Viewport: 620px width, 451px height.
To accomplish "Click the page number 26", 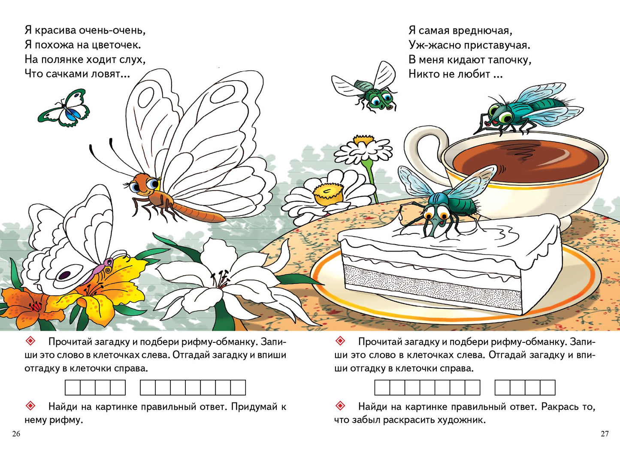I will tap(16, 433).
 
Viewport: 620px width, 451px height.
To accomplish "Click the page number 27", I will tap(604, 433).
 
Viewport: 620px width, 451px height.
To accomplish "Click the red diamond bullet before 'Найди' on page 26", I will tap(30, 406).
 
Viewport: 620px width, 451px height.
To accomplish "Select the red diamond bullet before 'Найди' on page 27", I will tap(340, 406).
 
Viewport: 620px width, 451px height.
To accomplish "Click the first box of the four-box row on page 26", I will tap(73, 387).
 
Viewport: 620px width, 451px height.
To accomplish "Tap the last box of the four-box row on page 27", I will tap(547, 387).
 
